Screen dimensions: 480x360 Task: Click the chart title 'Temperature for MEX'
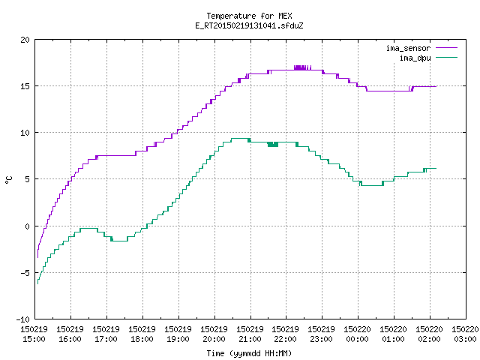pyautogui.click(x=249, y=16)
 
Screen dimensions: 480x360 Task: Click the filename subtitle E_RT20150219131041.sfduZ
pyautogui.click(x=249, y=25)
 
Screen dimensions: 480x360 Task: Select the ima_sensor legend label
pyautogui.click(x=408, y=48)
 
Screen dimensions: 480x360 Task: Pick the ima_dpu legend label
pyautogui.click(x=415, y=58)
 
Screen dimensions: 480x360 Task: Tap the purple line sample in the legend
pyautogui.click(x=447, y=48)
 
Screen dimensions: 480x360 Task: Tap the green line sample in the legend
pyautogui.click(x=447, y=57)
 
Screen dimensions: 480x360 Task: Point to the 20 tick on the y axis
pyautogui.click(x=25, y=40)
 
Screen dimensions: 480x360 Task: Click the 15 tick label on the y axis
pyautogui.click(x=25, y=86)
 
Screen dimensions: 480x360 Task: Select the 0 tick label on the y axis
pyautogui.click(x=27, y=226)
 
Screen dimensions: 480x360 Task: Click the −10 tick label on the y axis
pyautogui.click(x=23, y=319)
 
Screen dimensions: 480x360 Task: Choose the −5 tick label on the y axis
pyautogui.click(x=23, y=273)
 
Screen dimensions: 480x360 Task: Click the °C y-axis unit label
pyautogui.click(x=8, y=180)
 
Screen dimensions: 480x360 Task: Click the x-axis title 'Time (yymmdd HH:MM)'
pyautogui.click(x=249, y=353)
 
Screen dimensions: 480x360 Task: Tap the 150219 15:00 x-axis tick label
pyautogui.click(x=34, y=334)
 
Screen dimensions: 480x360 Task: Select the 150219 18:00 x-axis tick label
pyautogui.click(x=142, y=334)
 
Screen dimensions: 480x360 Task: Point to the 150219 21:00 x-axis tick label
pyautogui.click(x=250, y=334)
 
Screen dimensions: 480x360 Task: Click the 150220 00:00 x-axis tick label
pyautogui.click(x=357, y=334)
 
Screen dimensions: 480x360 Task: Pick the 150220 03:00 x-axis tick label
pyautogui.click(x=465, y=334)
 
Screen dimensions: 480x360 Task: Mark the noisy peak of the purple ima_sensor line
pyautogui.click(x=302, y=67)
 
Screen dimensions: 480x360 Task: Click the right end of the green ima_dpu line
pyautogui.click(x=436, y=168)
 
